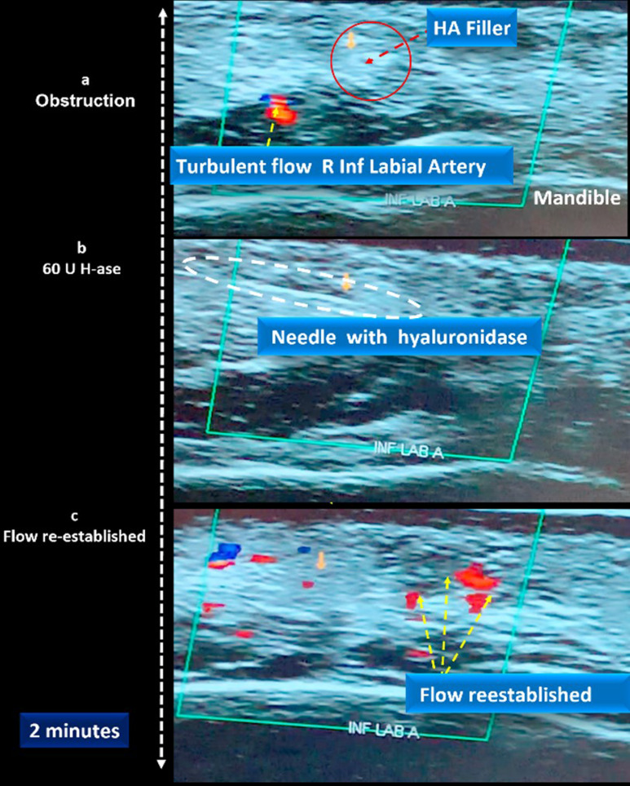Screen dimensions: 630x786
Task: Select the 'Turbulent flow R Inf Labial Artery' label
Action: pos(342,167)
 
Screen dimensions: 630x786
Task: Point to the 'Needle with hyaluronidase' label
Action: pos(399,336)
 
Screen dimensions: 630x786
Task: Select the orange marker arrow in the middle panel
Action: pos(346,281)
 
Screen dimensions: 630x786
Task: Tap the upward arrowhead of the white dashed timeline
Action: pos(162,14)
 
